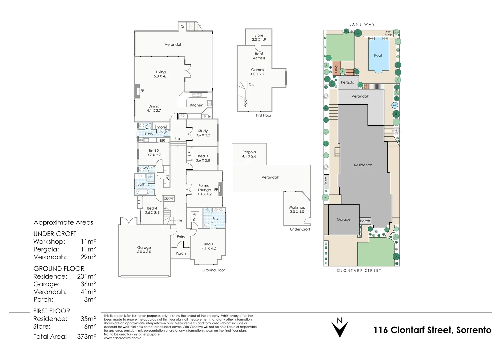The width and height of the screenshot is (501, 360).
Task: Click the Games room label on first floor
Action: point(257,72)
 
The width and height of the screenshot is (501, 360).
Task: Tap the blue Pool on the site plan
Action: point(378,55)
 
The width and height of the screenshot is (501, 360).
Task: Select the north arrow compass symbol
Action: point(339,328)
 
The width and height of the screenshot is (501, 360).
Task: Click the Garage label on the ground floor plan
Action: point(144,250)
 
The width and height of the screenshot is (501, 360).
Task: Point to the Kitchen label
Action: point(197,105)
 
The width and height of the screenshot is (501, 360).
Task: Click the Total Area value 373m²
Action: point(86,336)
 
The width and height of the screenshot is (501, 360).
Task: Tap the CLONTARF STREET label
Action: point(359,271)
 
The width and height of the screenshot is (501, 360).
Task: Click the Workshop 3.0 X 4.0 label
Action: point(297,209)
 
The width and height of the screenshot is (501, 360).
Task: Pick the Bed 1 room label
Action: point(208,246)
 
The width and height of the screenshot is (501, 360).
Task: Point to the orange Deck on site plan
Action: point(336,68)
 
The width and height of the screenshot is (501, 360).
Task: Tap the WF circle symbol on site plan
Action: point(395,105)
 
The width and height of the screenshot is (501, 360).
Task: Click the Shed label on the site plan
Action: point(326,181)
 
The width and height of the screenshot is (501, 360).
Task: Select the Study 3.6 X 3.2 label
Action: point(203,133)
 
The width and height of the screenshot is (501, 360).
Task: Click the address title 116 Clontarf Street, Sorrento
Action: point(432,330)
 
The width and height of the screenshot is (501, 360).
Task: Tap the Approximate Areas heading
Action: point(63,222)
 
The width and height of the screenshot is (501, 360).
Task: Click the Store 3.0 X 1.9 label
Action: point(259,37)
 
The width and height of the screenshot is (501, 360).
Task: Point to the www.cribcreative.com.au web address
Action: point(124,338)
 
